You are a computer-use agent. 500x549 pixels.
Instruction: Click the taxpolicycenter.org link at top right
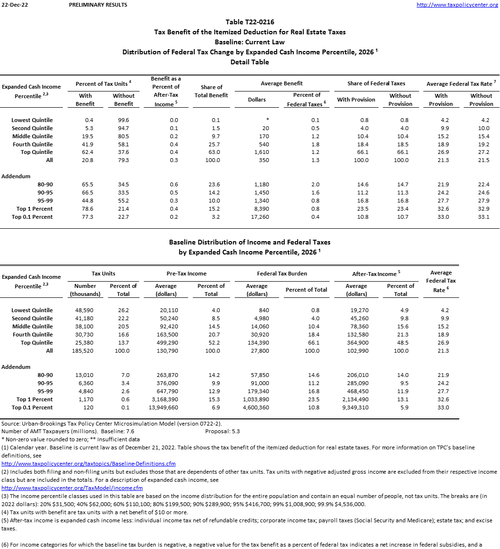[457, 5]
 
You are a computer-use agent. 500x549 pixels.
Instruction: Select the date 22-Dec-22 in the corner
[11, 5]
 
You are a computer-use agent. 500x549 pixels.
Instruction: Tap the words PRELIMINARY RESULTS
[98, 5]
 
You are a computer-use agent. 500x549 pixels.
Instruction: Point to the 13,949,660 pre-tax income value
[164, 407]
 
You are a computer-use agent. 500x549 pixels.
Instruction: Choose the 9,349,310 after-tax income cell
[354, 407]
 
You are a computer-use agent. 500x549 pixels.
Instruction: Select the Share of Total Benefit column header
[211, 91]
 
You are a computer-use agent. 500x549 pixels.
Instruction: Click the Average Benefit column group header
[282, 83]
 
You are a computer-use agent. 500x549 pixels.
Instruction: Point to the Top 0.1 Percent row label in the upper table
[32, 217]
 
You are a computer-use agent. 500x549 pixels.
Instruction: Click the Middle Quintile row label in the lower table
[32, 326]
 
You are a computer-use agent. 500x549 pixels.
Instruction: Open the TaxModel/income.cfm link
[72, 488]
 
